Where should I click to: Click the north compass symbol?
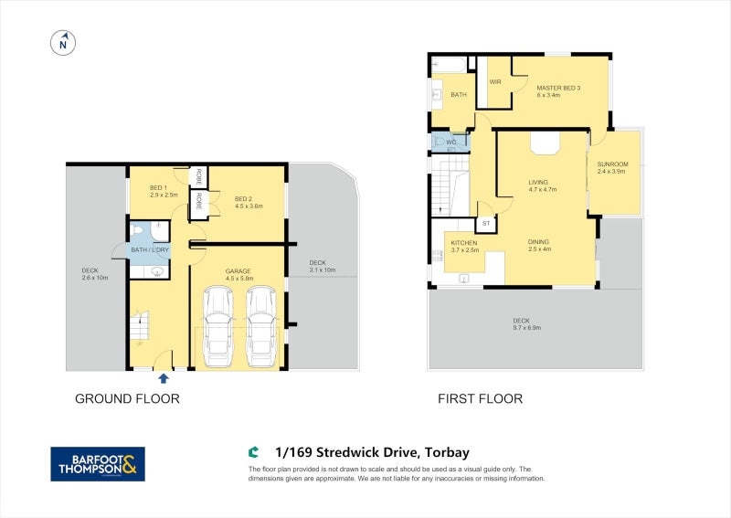[63, 42]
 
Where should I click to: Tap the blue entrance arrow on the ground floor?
[164, 378]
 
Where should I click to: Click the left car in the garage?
[219, 325]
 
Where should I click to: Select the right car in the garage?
[261, 325]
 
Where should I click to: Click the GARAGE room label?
[239, 271]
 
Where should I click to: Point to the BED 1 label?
[158, 188]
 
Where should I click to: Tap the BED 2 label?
[243, 199]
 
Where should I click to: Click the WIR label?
[496, 82]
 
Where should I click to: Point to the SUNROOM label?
[611, 164]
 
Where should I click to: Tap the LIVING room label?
[538, 183]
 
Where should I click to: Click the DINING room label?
[538, 242]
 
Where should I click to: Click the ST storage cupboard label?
[486, 224]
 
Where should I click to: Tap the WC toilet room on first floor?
[450, 143]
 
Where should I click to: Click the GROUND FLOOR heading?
[127, 398]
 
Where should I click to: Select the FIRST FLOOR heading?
[480, 398]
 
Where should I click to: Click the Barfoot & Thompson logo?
[97, 464]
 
